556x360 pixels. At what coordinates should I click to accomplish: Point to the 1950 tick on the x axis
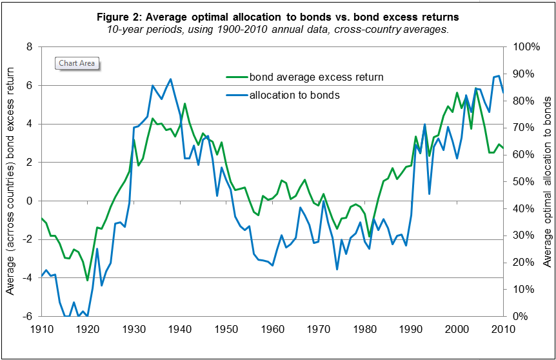pos(225,329)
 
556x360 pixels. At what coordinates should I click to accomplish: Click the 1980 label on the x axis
pos(364,329)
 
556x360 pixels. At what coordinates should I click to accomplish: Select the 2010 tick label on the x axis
pos(503,329)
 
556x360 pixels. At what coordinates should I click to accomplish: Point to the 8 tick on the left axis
pos(28,47)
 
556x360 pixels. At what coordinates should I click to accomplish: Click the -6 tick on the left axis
pos(26,317)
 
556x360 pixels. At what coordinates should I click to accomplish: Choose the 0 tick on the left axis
pos(28,201)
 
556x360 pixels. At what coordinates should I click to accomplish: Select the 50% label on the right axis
pos(522,182)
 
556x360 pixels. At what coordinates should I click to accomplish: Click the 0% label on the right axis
pos(520,317)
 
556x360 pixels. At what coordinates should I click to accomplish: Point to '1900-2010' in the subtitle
pos(255,29)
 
